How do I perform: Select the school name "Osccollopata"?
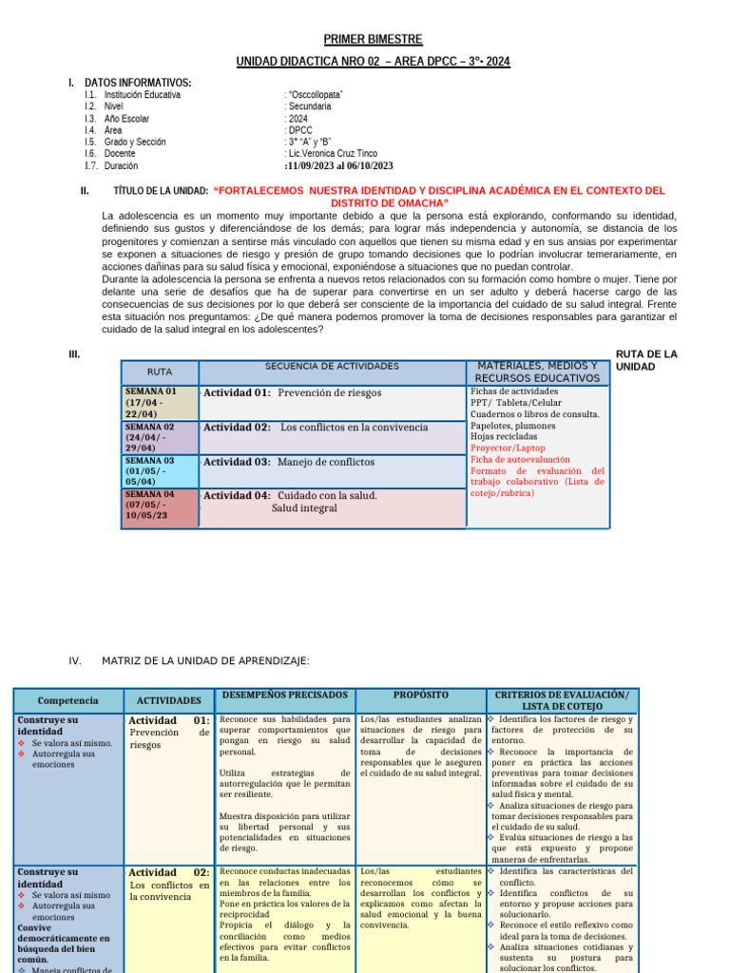(x=315, y=95)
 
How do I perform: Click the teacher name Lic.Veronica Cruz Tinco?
(x=332, y=153)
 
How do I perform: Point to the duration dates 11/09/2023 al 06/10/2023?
(x=339, y=165)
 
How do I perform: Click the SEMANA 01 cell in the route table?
(x=159, y=402)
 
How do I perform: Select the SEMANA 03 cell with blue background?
(x=159, y=471)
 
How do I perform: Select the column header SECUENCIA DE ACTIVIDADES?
(x=332, y=366)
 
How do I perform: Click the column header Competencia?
(x=67, y=700)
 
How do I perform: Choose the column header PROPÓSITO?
(x=419, y=696)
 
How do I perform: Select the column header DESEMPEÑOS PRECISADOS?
(x=284, y=696)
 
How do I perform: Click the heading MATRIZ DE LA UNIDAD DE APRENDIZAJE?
(x=205, y=661)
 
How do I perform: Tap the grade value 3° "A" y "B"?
(x=308, y=142)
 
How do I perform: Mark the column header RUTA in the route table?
(x=159, y=372)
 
